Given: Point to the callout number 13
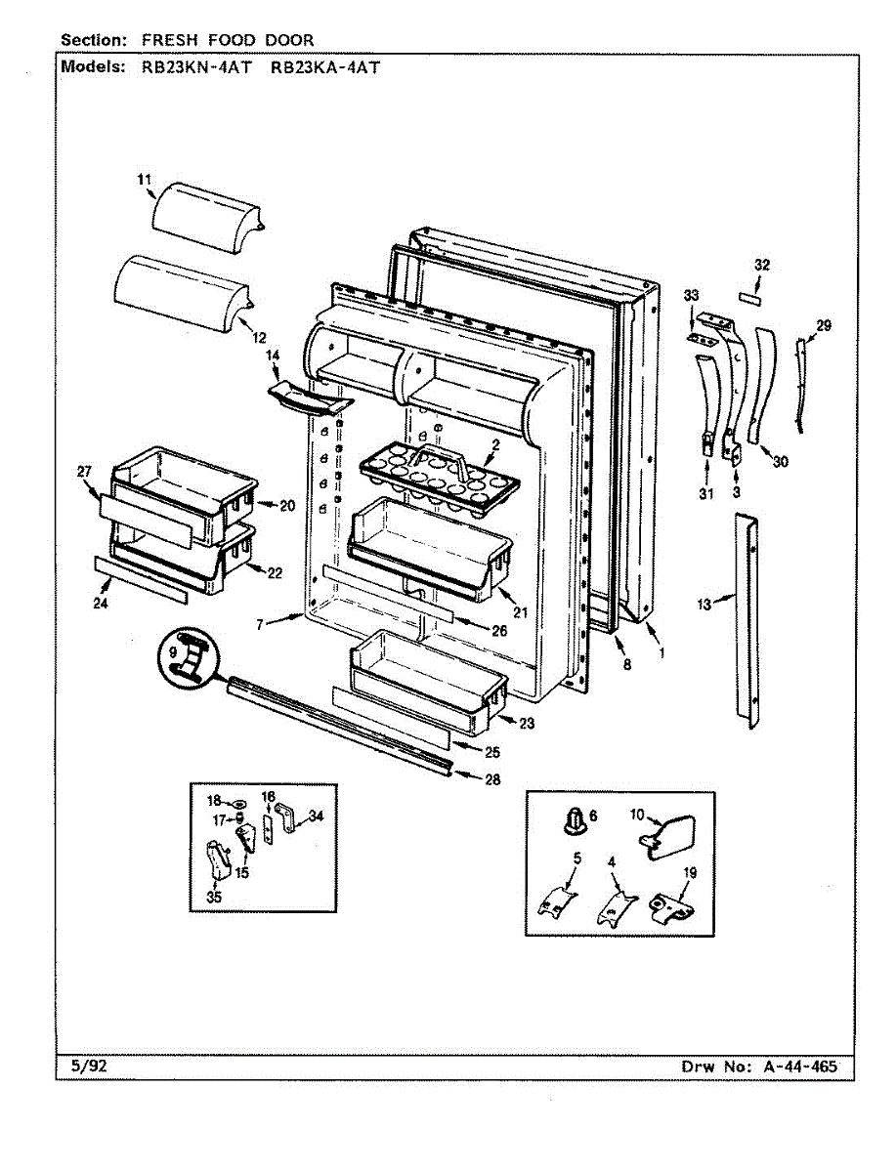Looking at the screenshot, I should coord(704,606).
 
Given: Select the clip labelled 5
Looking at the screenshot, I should coord(553,899).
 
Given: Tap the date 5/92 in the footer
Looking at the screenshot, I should coord(89,1067).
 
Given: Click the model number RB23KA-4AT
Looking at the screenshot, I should coord(323,67).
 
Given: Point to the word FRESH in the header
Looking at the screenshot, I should coord(173,40).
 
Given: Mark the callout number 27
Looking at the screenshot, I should coord(84,472).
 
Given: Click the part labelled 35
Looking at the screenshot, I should coord(216,859).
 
